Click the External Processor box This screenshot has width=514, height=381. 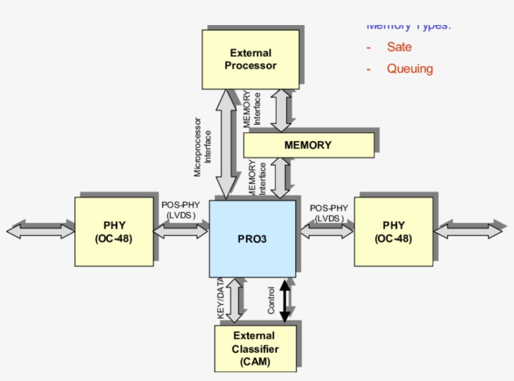coord(249,59)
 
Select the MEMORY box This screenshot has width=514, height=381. coord(308,145)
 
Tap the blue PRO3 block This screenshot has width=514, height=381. coord(252,238)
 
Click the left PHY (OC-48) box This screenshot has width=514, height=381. coord(114,231)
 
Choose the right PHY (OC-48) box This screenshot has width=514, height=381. coord(393,231)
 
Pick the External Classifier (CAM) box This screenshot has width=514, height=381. coord(254,348)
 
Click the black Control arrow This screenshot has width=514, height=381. coord(285,301)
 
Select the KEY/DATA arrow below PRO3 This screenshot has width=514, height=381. coord(234,301)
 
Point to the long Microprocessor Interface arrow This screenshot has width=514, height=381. coord(224,144)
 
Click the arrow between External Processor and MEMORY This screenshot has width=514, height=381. coord(281,110)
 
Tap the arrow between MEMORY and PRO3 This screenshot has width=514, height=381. coord(281,178)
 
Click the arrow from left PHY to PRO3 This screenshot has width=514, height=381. coord(181,231)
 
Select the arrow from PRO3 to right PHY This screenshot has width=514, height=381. coord(326,231)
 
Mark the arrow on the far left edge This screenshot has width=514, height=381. coord(41,231)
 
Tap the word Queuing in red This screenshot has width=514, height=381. coord(409,69)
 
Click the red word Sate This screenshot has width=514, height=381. coord(399,47)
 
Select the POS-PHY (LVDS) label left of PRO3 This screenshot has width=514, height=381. coord(181,210)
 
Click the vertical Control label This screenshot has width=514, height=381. coord(271,300)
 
